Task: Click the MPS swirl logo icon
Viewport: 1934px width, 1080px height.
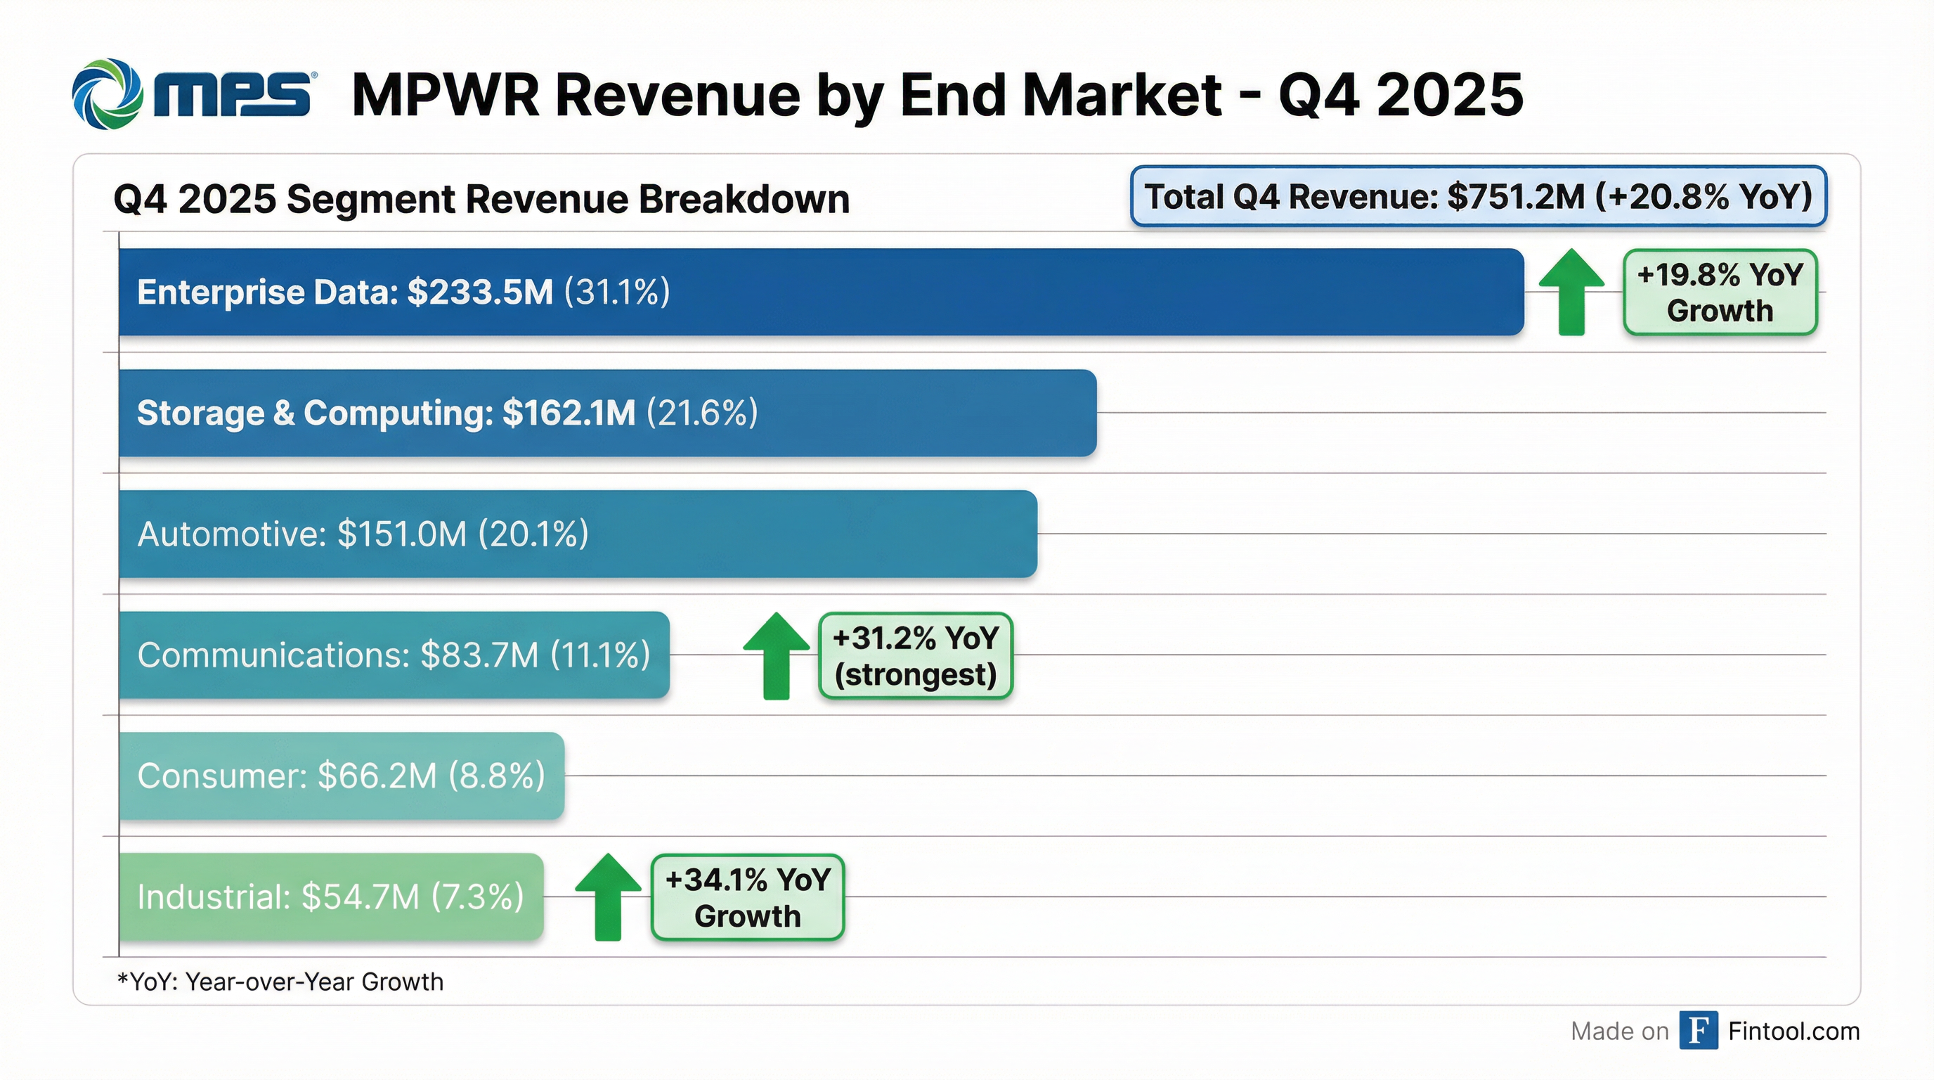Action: point(108,95)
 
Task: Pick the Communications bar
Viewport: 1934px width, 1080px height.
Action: point(394,655)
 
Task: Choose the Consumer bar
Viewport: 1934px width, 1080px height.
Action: point(341,776)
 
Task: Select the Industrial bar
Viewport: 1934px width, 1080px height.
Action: point(330,896)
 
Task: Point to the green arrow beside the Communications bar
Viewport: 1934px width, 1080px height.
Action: point(776,655)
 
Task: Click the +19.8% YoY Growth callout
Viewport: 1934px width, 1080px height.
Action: point(1719,292)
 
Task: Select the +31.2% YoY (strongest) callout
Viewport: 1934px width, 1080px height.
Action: point(915,655)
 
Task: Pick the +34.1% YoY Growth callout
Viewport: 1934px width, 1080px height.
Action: point(747,896)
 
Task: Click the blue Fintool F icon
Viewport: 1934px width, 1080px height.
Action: point(1699,1031)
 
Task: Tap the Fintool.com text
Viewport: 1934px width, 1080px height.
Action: point(1793,1031)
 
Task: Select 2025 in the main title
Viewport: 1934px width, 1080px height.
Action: point(1450,96)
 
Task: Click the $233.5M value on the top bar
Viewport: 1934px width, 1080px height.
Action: point(480,292)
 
